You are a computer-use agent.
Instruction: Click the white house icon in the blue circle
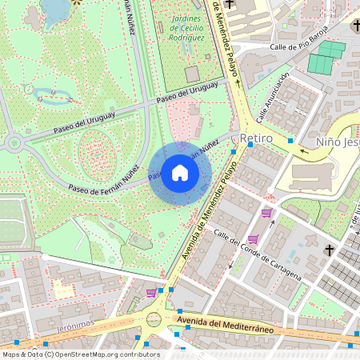coord(179,173)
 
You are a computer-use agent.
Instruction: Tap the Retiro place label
coord(257,139)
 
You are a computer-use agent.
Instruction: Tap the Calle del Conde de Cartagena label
coord(257,254)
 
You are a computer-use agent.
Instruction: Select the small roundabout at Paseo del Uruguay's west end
coord(13,144)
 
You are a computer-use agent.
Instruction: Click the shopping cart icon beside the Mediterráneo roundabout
coord(151,293)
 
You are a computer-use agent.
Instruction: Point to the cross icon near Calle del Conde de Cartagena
coord(328,250)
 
